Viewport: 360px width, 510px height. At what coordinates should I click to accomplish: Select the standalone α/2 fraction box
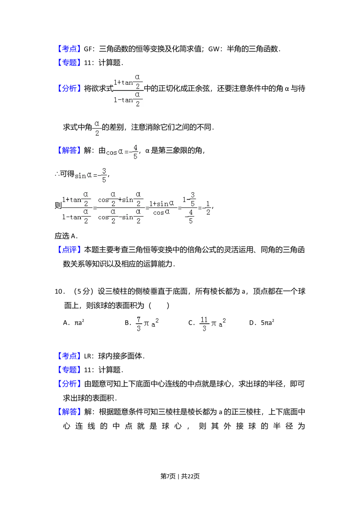click(96, 128)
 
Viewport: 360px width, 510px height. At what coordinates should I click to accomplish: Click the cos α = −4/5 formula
click(122, 152)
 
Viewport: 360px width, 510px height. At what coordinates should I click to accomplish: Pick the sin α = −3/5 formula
click(91, 175)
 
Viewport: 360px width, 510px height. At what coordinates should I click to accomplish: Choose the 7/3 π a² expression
click(148, 324)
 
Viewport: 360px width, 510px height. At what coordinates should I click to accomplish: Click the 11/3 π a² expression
click(213, 324)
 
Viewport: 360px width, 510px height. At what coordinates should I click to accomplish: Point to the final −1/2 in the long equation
click(207, 208)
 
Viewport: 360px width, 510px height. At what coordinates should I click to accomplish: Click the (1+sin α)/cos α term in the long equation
click(162, 208)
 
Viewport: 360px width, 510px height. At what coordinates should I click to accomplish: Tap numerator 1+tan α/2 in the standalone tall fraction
click(128, 82)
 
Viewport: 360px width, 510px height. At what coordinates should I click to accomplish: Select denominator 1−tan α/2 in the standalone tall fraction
click(128, 100)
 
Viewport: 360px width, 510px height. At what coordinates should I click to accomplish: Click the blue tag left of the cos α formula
click(69, 150)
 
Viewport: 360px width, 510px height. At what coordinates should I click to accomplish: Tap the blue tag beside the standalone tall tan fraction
click(69, 88)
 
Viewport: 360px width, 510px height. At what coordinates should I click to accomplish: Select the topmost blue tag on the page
click(69, 49)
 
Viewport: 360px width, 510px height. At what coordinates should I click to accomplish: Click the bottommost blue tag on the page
click(69, 412)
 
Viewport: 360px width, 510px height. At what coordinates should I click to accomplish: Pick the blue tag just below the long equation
click(69, 249)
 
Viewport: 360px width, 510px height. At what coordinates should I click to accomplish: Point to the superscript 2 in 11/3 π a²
click(224, 320)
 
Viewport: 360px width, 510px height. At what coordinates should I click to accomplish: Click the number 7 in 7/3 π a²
click(139, 320)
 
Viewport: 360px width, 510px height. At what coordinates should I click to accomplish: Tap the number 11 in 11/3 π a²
click(204, 320)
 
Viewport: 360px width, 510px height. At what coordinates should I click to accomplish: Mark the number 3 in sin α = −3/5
click(104, 170)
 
